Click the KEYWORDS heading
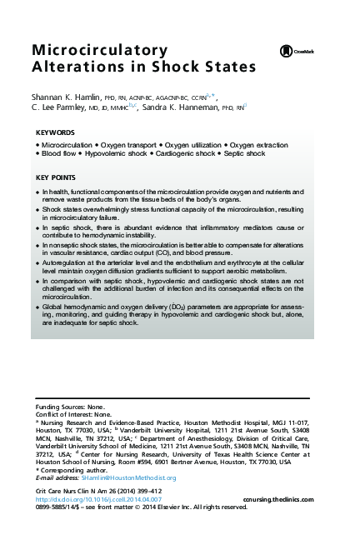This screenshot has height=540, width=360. click(55, 133)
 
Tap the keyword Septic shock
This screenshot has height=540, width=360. click(244, 154)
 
